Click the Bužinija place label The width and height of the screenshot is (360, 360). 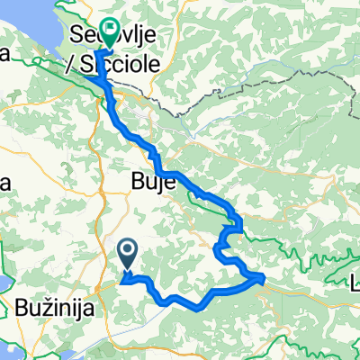coord(57,309)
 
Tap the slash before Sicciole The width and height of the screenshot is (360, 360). coord(68,65)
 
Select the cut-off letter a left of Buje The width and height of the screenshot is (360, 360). coord(4,184)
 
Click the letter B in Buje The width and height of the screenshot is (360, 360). coord(125,184)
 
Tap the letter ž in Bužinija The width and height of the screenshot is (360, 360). coord(47,309)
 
